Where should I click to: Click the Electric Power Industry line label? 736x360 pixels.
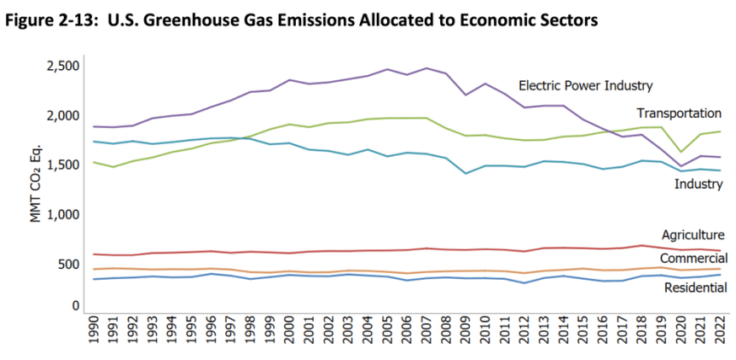coord(585,85)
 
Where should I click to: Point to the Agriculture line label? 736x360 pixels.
coord(693,235)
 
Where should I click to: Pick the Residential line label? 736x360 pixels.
coord(695,288)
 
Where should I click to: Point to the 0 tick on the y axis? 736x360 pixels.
coord(75,305)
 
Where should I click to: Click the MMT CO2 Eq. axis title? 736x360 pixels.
coord(36,183)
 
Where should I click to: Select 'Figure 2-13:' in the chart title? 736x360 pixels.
coord(51,20)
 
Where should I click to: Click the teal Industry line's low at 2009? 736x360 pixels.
coord(464,173)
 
